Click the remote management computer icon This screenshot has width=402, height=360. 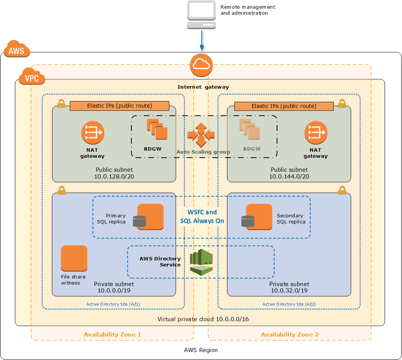(202, 15)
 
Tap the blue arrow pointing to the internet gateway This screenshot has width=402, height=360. (202, 41)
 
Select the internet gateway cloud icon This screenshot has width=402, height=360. (201, 65)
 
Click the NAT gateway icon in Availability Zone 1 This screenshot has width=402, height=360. (92, 132)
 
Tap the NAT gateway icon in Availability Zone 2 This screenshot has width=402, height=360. (316, 132)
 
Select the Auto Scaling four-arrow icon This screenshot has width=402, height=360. (201, 135)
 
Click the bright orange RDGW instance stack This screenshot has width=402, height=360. (157, 129)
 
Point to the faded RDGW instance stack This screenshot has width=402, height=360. (249, 129)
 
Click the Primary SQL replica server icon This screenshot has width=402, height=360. (149, 217)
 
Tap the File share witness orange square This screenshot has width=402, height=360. (74, 258)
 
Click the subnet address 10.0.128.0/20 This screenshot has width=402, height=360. (114, 177)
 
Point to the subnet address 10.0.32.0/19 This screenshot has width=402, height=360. (289, 291)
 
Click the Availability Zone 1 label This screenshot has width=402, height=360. (112, 334)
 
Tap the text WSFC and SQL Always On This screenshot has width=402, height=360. (202, 217)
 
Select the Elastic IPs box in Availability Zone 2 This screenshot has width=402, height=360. (284, 106)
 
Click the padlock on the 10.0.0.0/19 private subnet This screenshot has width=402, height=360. (61, 190)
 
